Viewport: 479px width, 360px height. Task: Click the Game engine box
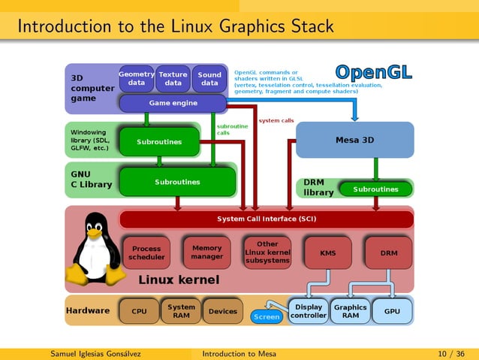coord(173,103)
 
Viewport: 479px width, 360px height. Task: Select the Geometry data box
coord(137,79)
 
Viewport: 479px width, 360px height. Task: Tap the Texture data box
coord(173,79)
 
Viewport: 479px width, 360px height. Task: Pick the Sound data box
coord(209,79)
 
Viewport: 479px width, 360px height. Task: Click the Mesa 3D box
coord(354,140)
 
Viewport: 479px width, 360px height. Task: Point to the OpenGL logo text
coord(373,73)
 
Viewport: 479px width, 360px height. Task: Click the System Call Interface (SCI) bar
coord(267,219)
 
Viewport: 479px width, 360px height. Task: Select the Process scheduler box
coord(146,253)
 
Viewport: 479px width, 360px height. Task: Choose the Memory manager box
coord(206,253)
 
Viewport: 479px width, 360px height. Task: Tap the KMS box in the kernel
coord(328,253)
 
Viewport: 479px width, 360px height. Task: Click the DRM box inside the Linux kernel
coord(388,253)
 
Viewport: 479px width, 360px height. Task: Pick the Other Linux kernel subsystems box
coord(267,253)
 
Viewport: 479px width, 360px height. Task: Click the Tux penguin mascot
coord(96,248)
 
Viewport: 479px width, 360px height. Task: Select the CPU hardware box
coord(139,311)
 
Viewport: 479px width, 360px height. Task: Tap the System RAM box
coord(181,311)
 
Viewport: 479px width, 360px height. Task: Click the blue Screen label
coord(267,317)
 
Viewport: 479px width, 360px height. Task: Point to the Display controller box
coord(309,311)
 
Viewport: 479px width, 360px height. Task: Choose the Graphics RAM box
coord(350,311)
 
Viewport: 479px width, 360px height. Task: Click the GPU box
coord(392,311)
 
